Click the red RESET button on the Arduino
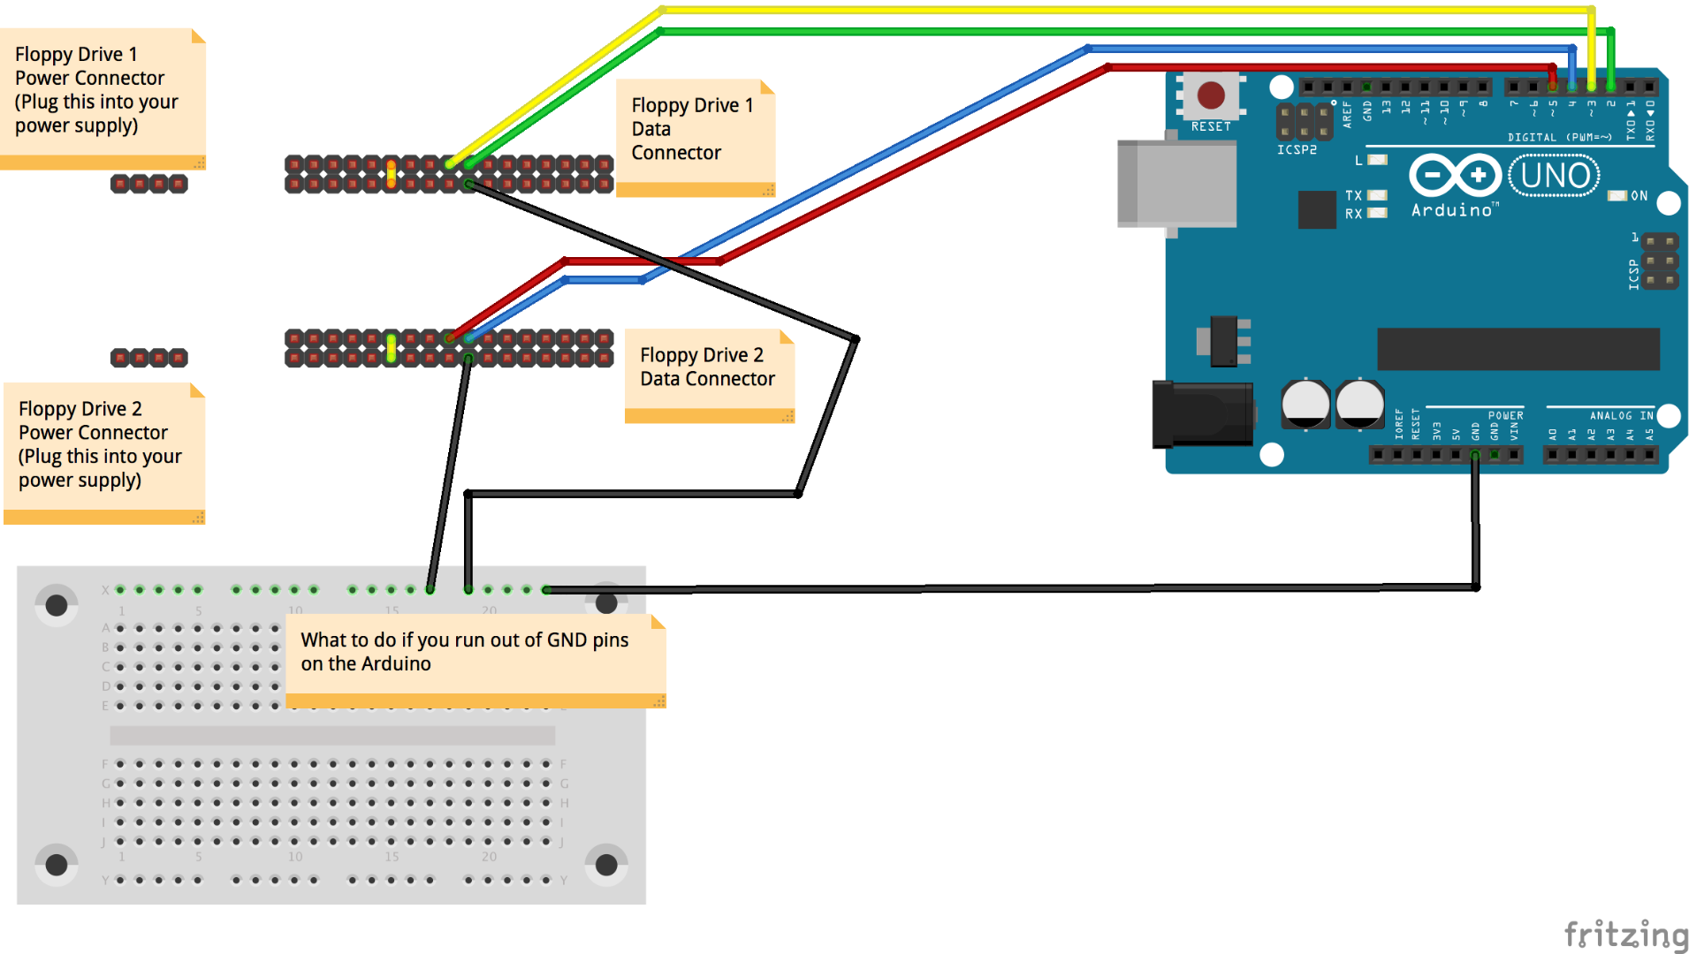tap(1210, 95)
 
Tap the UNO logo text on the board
tap(1555, 176)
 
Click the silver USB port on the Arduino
tap(1176, 184)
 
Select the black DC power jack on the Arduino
tap(1202, 413)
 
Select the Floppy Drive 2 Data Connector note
tap(708, 368)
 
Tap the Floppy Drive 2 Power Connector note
tap(103, 446)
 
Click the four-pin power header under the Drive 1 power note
tap(149, 184)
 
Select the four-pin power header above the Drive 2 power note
tap(149, 358)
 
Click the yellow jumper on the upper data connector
tap(391, 173)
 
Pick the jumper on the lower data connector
tap(391, 348)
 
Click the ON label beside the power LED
tap(1639, 196)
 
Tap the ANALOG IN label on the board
tap(1621, 415)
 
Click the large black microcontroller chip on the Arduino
tap(1518, 349)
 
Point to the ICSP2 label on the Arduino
tap(1297, 150)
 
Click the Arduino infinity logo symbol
tap(1454, 175)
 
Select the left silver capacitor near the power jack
tap(1305, 404)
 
